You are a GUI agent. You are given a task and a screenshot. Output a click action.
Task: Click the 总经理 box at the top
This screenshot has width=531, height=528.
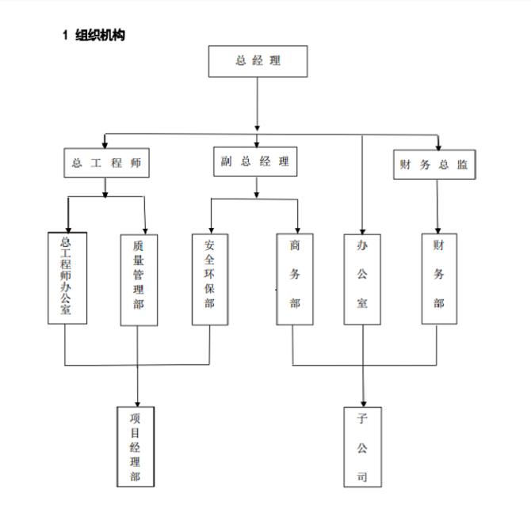pos(258,61)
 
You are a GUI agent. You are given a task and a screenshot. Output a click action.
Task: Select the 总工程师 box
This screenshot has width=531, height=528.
pos(106,163)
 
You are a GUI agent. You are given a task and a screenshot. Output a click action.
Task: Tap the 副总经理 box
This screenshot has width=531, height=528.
pos(255,162)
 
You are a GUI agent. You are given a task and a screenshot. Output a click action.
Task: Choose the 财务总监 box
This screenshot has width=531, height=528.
pos(434,165)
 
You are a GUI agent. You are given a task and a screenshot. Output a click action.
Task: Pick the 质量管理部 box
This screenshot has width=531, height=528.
pos(139,279)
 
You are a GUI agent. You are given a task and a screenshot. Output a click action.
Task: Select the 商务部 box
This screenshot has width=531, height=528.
pos(295,279)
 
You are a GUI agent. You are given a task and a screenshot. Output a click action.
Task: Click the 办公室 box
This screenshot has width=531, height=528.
pos(362,279)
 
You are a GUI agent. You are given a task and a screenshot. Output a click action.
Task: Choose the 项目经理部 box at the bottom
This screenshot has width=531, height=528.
pos(136,446)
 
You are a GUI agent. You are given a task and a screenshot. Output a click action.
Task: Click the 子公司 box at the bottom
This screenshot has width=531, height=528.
pos(362,446)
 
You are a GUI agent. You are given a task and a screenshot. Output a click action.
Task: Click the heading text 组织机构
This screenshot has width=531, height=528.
pos(100,35)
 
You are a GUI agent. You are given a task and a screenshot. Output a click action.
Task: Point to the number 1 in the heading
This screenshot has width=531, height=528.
pos(66,35)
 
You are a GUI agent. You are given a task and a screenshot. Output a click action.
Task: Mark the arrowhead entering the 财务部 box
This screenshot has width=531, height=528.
pos(438,228)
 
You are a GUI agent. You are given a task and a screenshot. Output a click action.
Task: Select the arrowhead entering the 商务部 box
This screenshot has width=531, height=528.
pos(298,228)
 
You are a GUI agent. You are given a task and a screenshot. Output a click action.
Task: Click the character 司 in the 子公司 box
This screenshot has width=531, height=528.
pos(362,477)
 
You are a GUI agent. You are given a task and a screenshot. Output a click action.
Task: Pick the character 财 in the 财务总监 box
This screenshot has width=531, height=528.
pos(406,165)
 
